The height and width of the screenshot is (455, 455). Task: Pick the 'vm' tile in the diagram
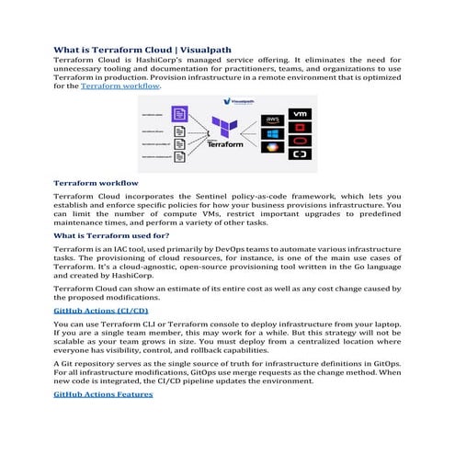(299, 114)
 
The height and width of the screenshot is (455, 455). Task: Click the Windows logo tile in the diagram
(273, 134)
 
